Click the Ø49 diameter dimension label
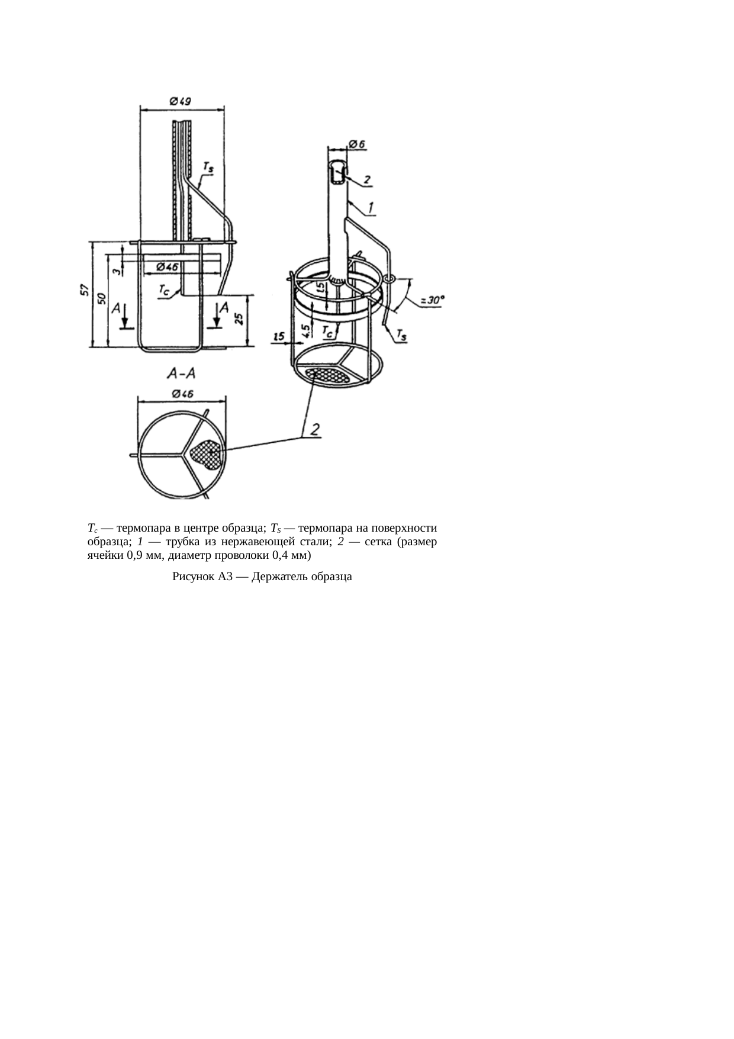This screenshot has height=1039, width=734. click(x=180, y=101)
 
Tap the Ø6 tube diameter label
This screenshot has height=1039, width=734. click(x=357, y=143)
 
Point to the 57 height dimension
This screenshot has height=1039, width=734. click(x=85, y=290)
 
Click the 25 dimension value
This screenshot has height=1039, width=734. click(x=239, y=319)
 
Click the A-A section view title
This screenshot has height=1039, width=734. click(x=182, y=374)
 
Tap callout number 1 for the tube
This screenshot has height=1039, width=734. click(x=371, y=207)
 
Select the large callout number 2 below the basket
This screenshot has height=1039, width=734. click(x=316, y=429)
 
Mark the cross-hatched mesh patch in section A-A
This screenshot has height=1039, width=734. click(x=207, y=454)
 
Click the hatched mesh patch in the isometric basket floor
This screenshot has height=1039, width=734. click(x=327, y=375)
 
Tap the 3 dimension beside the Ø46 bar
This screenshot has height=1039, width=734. click(x=118, y=270)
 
